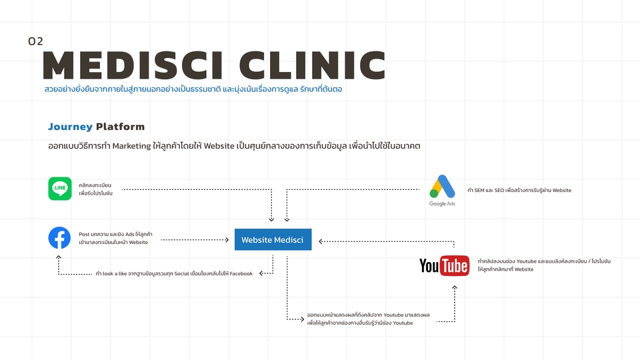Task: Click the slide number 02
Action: [x=35, y=41]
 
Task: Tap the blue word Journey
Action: [x=70, y=127]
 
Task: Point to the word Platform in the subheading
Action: [x=120, y=127]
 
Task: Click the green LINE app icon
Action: [x=60, y=189]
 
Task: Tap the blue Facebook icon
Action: [x=59, y=238]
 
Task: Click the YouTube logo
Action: [x=444, y=266]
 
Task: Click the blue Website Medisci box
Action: [x=273, y=239]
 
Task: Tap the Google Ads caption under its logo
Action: [x=442, y=203]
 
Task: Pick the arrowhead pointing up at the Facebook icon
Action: [x=59, y=257]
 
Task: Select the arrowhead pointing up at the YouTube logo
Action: [x=455, y=287]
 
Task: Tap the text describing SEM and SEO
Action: [x=519, y=190]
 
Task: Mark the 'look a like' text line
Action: [x=174, y=273]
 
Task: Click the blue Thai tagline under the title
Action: [x=193, y=89]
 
